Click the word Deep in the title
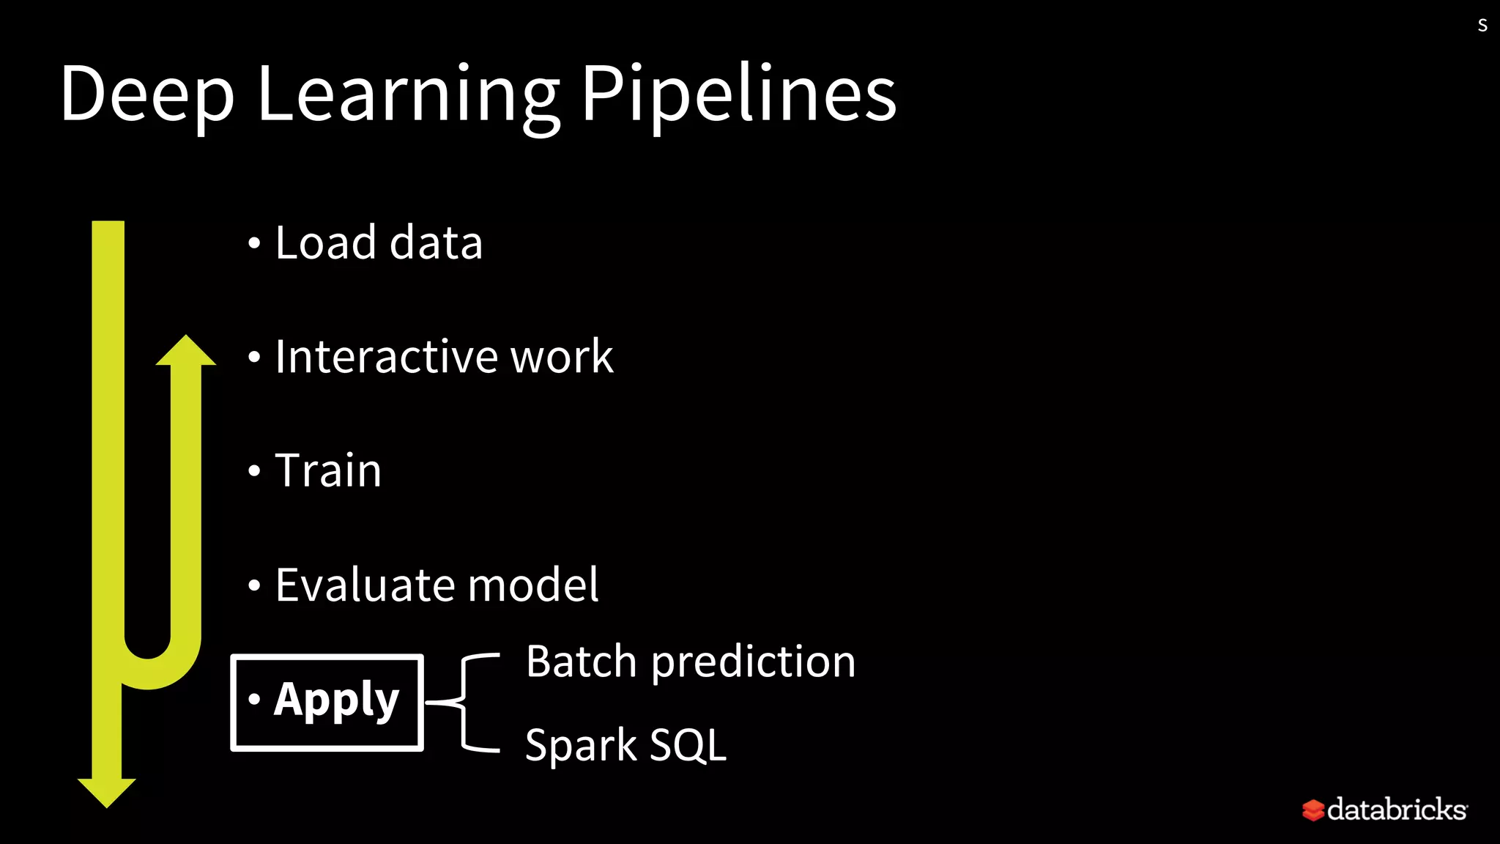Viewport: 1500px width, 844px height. (x=146, y=94)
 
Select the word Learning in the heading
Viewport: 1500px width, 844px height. (x=407, y=94)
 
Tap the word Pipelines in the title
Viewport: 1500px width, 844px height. (x=738, y=94)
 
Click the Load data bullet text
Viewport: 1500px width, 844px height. (x=379, y=243)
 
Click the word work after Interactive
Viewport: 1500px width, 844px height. (x=562, y=357)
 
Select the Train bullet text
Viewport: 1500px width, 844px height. (x=327, y=470)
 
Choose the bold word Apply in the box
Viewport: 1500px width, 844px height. (x=336, y=700)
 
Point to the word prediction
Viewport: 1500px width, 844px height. (x=754, y=662)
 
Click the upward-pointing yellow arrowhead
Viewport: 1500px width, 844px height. (x=186, y=351)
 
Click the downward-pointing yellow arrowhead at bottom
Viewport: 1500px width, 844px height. (x=107, y=792)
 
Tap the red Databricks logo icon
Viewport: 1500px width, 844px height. (x=1313, y=810)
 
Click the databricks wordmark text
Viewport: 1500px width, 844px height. (x=1397, y=810)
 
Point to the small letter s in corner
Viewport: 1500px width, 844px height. (x=1482, y=26)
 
